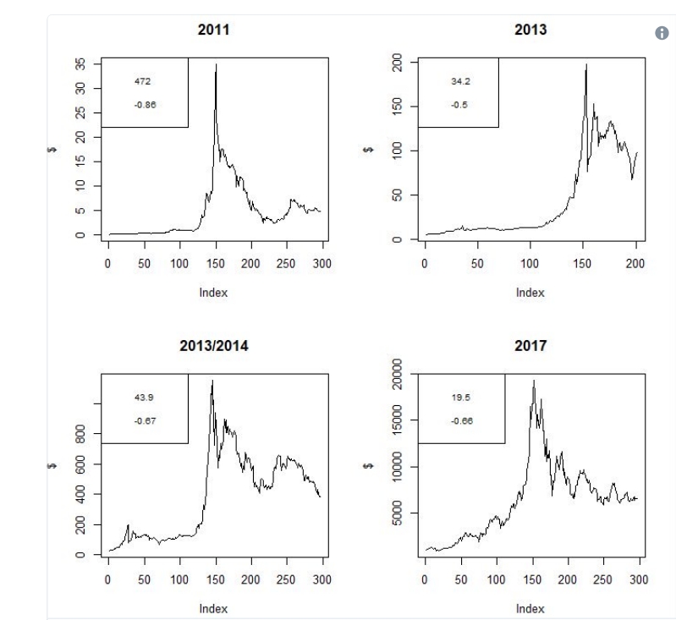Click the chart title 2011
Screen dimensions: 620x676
click(x=213, y=30)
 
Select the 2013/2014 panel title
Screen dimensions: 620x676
click(x=213, y=346)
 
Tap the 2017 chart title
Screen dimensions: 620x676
click(x=530, y=346)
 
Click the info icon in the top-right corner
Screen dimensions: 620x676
click(x=662, y=33)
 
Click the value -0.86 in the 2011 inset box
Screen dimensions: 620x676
click(x=145, y=105)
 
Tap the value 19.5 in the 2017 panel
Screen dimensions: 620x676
click(x=461, y=397)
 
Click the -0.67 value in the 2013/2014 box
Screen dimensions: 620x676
click(x=145, y=420)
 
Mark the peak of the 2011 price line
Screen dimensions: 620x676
click(x=216, y=64)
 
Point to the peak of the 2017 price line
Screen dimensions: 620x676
click(x=533, y=381)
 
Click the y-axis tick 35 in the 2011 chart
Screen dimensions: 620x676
click(x=80, y=64)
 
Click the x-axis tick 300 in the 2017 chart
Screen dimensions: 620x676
click(x=639, y=580)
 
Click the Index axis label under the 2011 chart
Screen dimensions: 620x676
click(x=213, y=293)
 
